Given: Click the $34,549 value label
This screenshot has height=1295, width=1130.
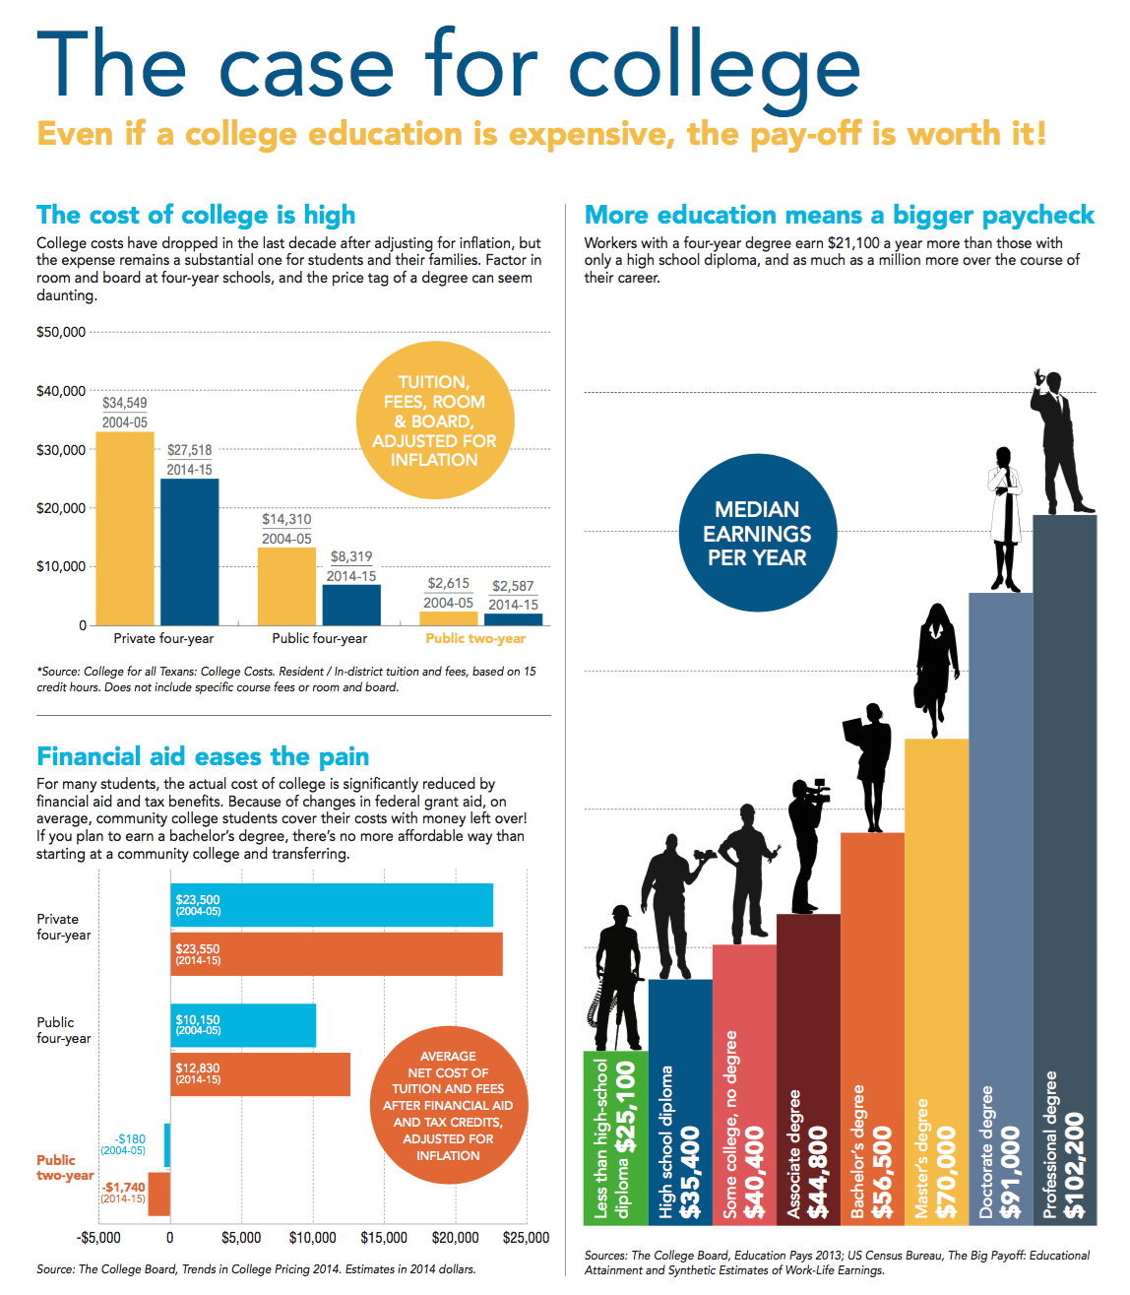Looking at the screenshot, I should (x=124, y=403).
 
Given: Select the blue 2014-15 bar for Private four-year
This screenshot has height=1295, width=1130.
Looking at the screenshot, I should (x=190, y=551).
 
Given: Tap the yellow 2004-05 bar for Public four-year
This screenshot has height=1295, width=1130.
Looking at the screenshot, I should (x=286, y=586).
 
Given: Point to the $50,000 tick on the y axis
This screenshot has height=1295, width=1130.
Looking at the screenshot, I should (x=61, y=332).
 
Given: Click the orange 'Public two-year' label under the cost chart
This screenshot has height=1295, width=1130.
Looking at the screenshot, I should (x=475, y=638).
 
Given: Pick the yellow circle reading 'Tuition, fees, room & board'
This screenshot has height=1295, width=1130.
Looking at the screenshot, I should (x=434, y=421).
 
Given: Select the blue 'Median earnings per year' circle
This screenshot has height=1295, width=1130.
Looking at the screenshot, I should (x=757, y=533).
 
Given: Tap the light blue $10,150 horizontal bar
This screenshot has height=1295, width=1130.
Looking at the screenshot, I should (x=243, y=1025).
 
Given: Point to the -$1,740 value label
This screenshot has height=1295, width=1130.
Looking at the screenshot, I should (x=124, y=1188).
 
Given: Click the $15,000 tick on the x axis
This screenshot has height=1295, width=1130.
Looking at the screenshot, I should (x=384, y=1238).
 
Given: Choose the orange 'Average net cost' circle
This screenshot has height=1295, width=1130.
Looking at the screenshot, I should (x=448, y=1105).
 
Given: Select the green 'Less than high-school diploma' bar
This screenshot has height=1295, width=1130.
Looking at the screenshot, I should (x=615, y=1137).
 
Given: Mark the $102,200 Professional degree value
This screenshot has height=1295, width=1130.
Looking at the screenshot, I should (x=1075, y=1165).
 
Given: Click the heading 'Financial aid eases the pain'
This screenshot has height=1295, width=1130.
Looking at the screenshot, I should (x=203, y=756).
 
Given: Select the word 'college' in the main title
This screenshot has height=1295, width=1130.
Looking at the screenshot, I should (x=714, y=67).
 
